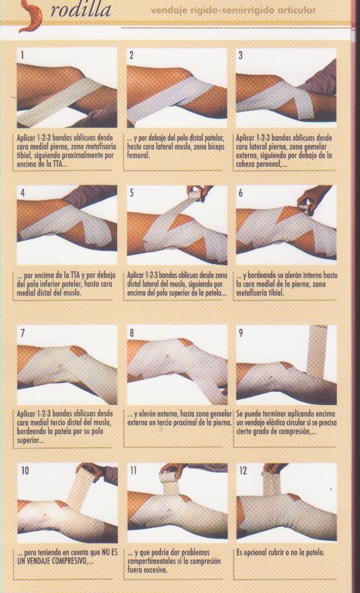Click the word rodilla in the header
tap(81, 10)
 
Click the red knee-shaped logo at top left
tap(30, 16)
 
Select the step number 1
tap(22, 56)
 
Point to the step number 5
tap(132, 193)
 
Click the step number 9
tap(241, 333)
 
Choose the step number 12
tap(243, 471)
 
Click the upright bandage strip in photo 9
tap(316, 351)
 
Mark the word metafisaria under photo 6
tap(253, 293)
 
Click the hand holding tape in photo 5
tap(200, 192)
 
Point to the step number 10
tap(25, 471)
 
